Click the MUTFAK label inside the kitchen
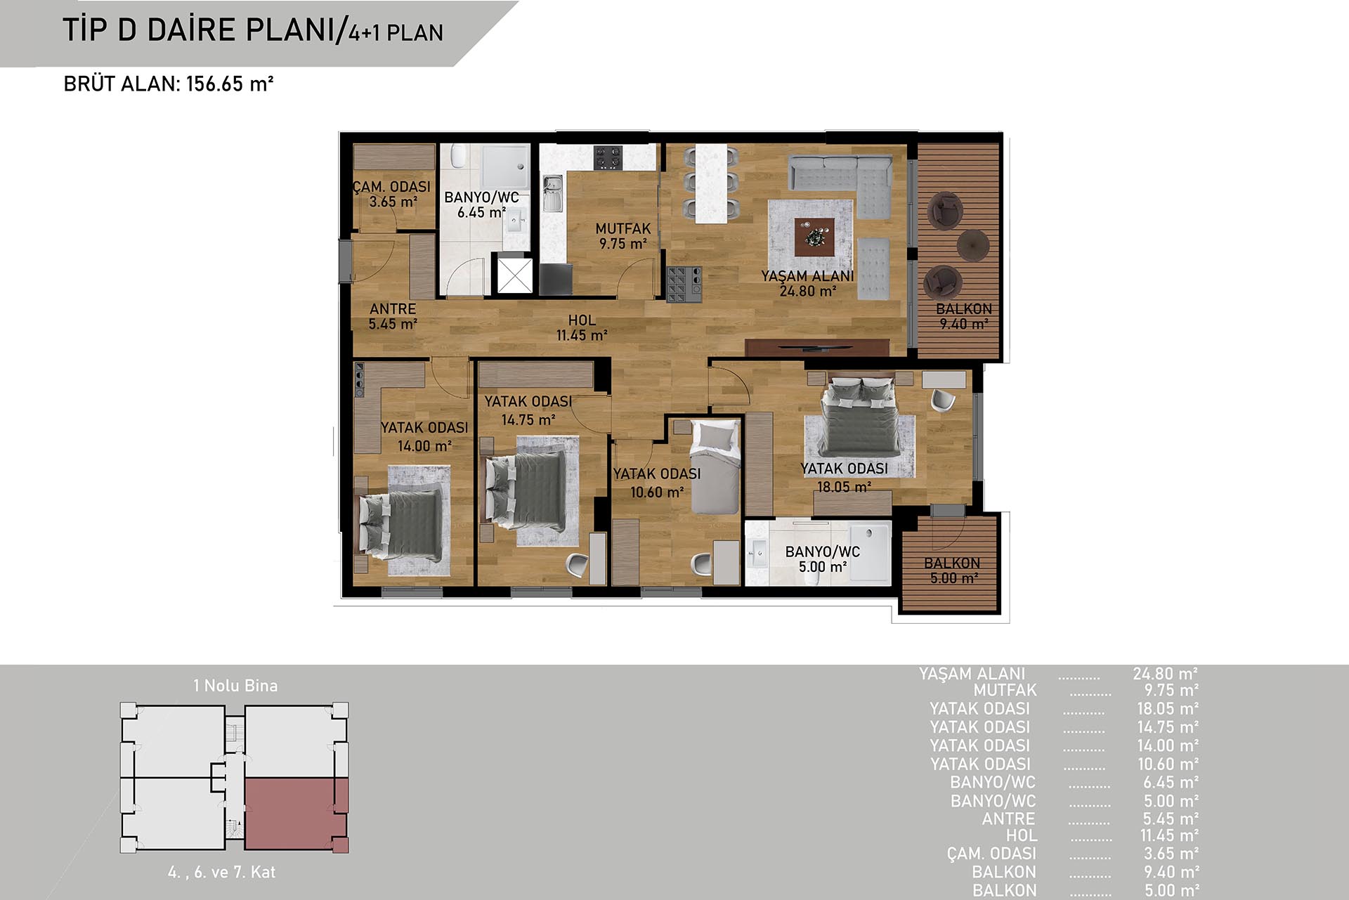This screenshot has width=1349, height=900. pos(623,228)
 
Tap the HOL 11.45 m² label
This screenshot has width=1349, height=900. pos(582,327)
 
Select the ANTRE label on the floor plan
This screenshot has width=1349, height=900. pos(393,308)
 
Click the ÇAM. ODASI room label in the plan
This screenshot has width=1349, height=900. pos(392,186)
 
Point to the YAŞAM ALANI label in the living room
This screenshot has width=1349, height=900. pos(807,276)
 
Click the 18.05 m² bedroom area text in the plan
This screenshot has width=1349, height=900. pos(844,486)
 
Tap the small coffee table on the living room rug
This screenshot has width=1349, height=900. pos(815,237)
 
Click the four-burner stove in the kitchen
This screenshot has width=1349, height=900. pos(608,157)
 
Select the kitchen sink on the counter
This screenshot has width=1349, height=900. pos(552,193)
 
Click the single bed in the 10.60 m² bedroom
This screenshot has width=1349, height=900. pos(716,467)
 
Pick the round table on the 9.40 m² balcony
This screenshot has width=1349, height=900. pos(973,245)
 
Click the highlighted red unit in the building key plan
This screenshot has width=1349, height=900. pos(296,815)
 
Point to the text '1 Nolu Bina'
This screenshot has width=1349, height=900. pos(235,685)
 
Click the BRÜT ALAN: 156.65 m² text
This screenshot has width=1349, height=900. pos(169,84)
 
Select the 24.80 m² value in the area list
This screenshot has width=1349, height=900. pos(1165,673)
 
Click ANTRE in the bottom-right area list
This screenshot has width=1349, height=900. pos(1008,819)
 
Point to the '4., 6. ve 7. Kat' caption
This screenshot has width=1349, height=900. pos(221,872)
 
